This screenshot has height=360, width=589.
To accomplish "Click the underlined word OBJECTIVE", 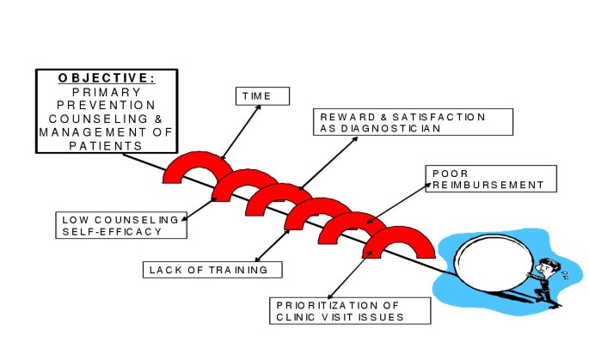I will [107, 77].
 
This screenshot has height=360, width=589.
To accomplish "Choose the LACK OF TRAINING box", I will [212, 270].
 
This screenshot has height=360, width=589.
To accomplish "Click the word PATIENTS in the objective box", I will [107, 145].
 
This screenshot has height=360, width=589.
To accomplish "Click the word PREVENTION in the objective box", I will [107, 105].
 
